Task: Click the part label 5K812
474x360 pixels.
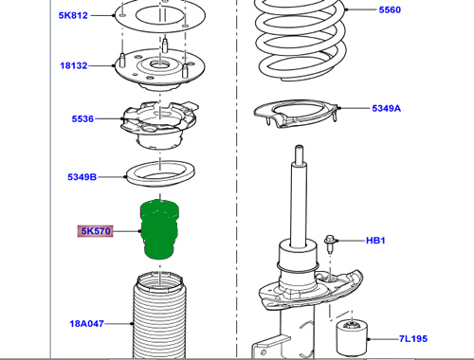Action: pyautogui.click(x=73, y=15)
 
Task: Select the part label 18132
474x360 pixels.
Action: pyautogui.click(x=74, y=65)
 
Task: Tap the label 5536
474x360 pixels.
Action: pyautogui.click(x=82, y=118)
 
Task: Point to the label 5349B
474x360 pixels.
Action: pyautogui.click(x=82, y=177)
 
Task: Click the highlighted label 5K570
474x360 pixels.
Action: pyautogui.click(x=96, y=231)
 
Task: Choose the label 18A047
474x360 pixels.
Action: pyautogui.click(x=86, y=323)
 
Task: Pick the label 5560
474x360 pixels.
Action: pyautogui.click(x=390, y=9)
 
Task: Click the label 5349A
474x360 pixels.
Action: pyautogui.click(x=386, y=108)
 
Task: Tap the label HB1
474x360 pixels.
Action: pyautogui.click(x=375, y=241)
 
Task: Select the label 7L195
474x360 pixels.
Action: pyautogui.click(x=413, y=338)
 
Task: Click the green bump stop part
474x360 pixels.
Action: pyautogui.click(x=159, y=229)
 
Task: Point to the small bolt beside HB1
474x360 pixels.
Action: pyautogui.click(x=330, y=243)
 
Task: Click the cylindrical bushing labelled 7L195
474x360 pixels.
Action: pyautogui.click(x=352, y=337)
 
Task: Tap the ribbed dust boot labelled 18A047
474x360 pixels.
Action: pyautogui.click(x=159, y=315)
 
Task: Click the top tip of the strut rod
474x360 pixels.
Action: pyautogui.click(x=299, y=146)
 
